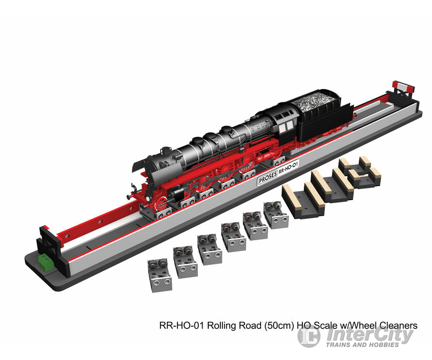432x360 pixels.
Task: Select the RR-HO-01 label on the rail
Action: (288, 168)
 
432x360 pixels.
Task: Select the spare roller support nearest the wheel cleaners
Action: (276, 215)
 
